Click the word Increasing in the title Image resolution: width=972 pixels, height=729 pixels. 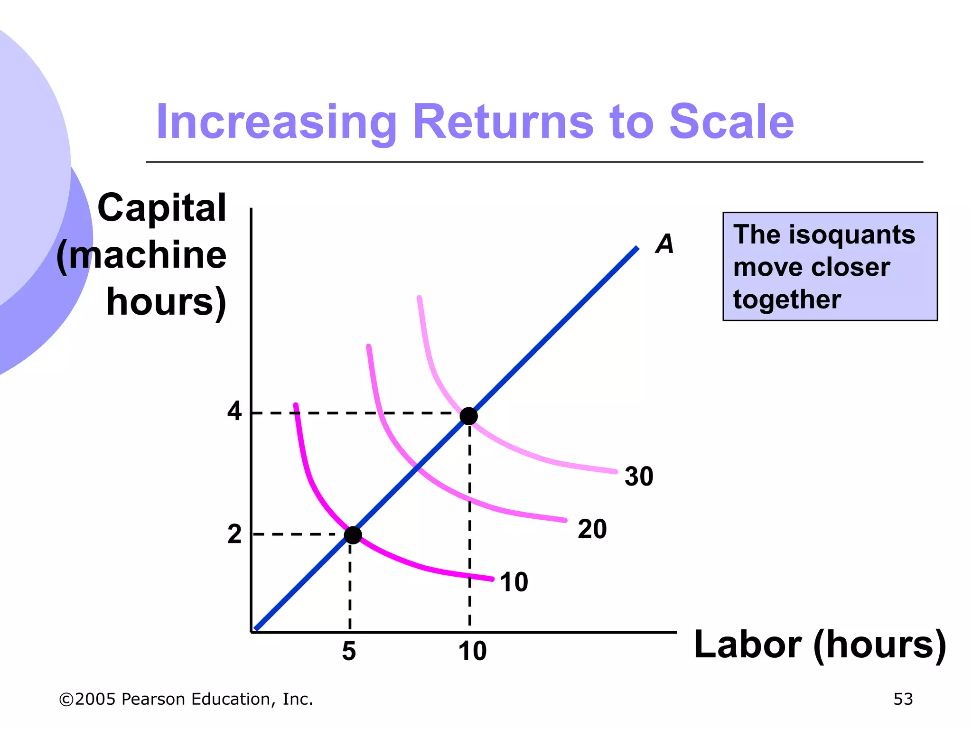point(276,122)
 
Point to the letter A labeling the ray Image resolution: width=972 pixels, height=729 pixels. point(664,244)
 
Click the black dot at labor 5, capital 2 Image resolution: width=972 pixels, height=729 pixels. point(353,535)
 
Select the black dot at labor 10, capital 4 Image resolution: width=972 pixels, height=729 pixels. point(469,416)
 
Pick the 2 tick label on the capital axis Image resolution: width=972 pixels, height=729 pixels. point(234,534)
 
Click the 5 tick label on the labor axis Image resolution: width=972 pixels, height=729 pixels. point(349,651)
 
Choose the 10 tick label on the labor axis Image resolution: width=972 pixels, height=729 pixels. point(472,651)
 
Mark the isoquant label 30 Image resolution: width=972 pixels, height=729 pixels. point(639,477)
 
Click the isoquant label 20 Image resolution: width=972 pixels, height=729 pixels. point(592,529)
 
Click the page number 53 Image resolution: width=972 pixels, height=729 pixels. point(903,699)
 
